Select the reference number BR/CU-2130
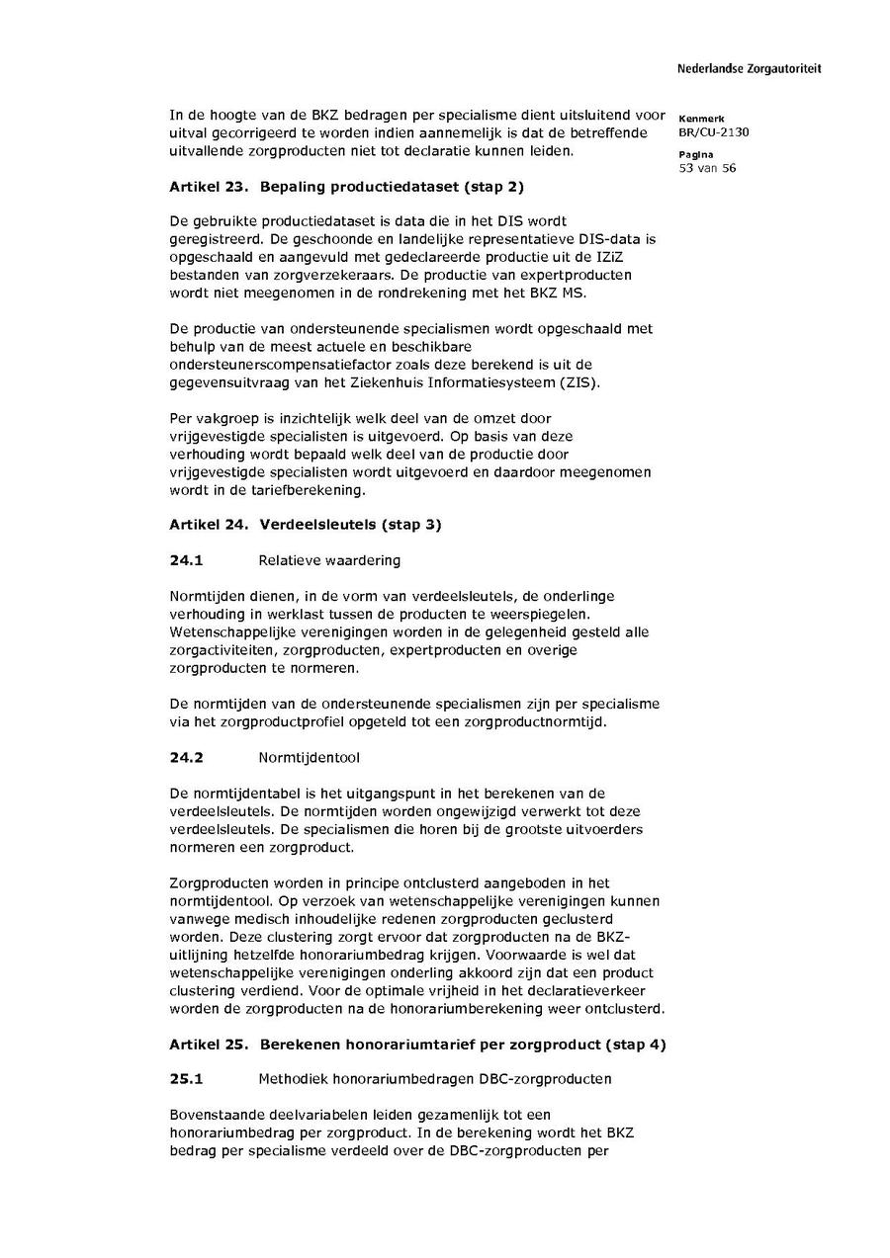[x=714, y=131]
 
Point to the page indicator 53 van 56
[x=707, y=167]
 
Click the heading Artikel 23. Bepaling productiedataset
[x=346, y=187]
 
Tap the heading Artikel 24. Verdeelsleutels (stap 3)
[x=305, y=525]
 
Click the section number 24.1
[x=186, y=560]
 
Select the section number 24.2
[x=186, y=758]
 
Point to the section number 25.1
[x=186, y=1079]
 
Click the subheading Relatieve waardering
[x=329, y=560]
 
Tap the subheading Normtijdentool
[x=309, y=758]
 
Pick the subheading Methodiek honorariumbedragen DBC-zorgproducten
[x=434, y=1079]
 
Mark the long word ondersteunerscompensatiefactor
[x=281, y=365]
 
